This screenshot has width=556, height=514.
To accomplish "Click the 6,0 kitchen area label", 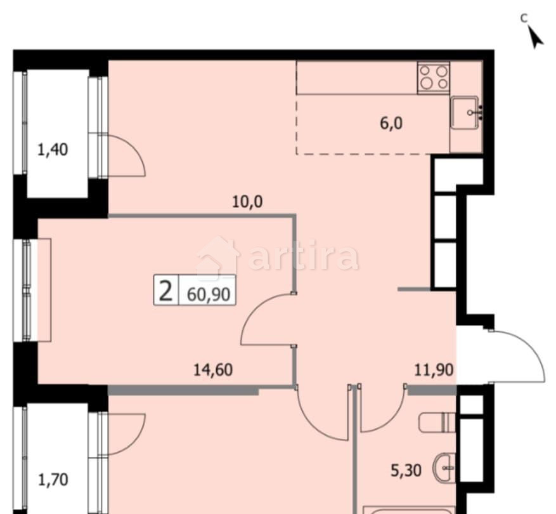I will pos(391,123).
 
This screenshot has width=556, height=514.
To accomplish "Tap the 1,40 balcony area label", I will pos(53,150).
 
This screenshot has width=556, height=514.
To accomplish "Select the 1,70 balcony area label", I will pos(53,478).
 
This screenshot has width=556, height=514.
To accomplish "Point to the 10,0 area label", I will pos(247,202).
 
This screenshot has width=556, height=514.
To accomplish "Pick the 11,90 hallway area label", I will pos(434,370).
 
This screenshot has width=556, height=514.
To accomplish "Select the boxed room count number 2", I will pos(166,292).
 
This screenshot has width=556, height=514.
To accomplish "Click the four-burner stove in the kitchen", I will pos(434,78).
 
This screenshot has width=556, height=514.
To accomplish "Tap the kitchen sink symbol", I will pos(468,112).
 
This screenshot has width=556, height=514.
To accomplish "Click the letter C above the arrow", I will pos(524,18).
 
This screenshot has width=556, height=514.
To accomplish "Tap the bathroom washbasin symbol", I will pos(444,470).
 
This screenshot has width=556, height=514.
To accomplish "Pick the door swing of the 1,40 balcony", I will pos(130,155).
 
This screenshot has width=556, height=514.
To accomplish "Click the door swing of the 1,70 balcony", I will pos(130,432).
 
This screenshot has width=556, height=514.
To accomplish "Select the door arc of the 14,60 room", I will pos(263,320).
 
